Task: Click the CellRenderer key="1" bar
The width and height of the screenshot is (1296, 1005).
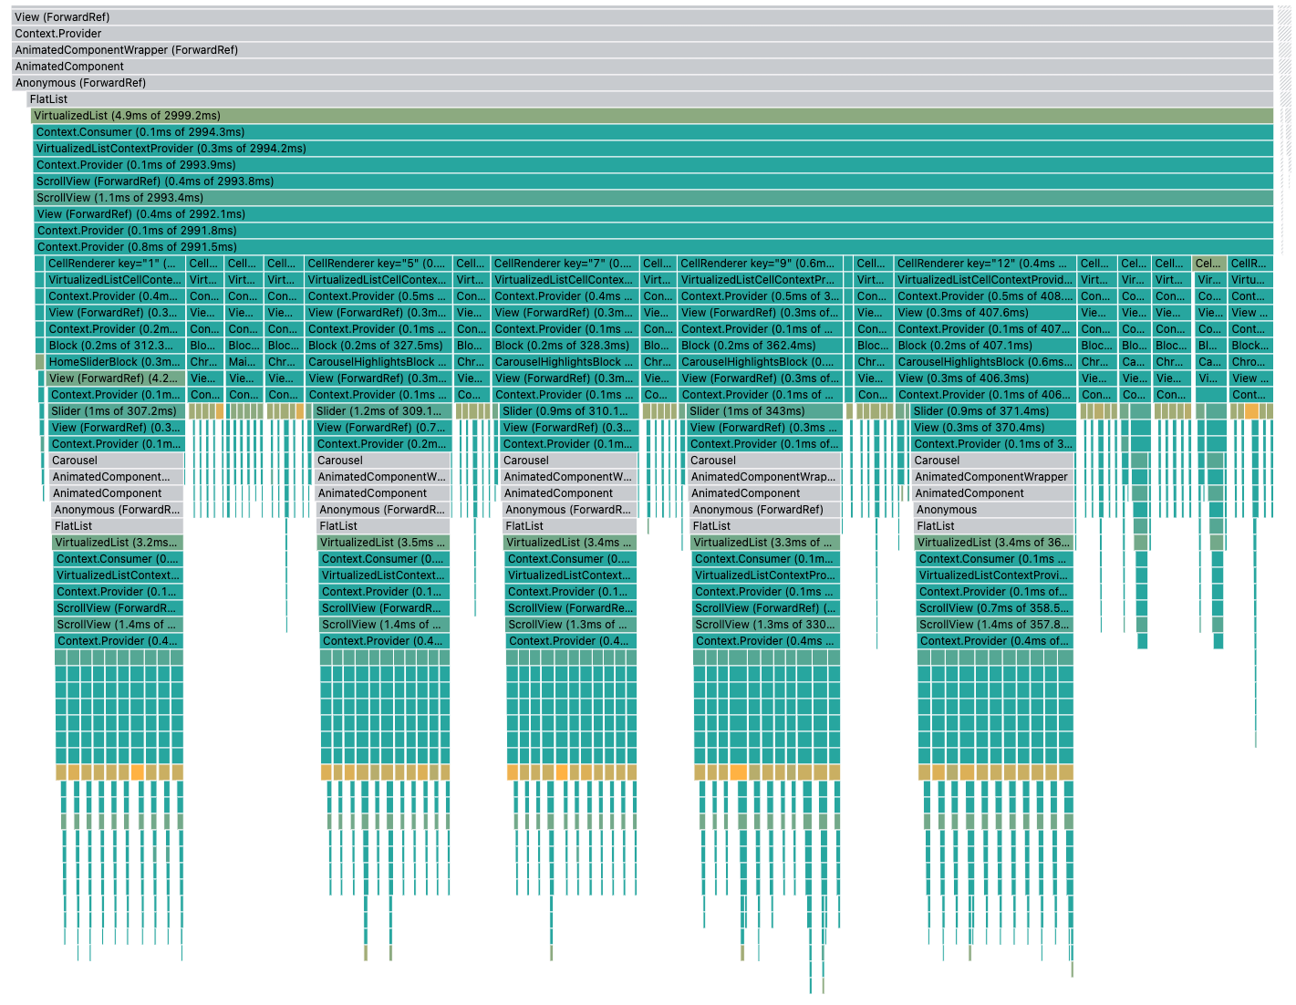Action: pyautogui.click(x=114, y=264)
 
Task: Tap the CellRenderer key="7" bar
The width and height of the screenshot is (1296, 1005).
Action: pyautogui.click(x=564, y=264)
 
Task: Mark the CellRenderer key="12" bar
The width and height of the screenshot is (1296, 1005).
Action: pyautogui.click(x=983, y=264)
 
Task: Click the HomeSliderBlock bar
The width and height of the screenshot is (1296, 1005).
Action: pyautogui.click(x=115, y=362)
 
